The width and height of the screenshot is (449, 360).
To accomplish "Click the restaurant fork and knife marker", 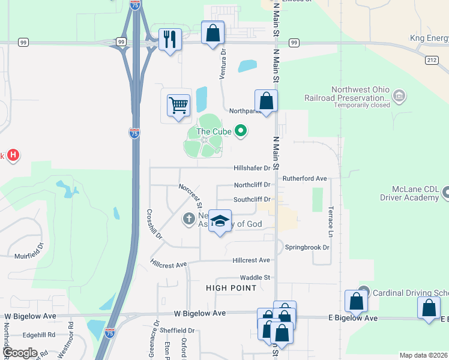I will point(170,40).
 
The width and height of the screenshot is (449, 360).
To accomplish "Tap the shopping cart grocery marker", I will point(178,106).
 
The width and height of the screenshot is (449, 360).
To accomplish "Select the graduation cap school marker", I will point(220,221).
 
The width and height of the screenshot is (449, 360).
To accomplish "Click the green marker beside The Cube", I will point(241,130).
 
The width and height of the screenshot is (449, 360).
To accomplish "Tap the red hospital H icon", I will point(13,156).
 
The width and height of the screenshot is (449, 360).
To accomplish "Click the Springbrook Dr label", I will point(307,247).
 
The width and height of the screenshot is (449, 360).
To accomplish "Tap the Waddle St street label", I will point(255,277).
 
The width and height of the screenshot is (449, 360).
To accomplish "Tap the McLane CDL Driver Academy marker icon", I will point(446,193).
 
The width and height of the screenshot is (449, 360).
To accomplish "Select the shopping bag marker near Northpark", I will point(266,101).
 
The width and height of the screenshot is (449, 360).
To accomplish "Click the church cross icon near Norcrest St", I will point(188,219).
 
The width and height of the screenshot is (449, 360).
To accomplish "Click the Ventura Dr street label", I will point(223,60).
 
